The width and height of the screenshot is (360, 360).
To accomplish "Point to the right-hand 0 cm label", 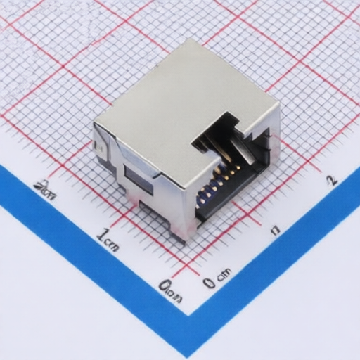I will (x=217, y=278).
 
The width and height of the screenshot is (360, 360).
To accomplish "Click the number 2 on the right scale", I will (x=332, y=179).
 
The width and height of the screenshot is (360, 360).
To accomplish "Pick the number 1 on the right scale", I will (x=276, y=230).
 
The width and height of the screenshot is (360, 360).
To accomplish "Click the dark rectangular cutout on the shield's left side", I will (x=138, y=179).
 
